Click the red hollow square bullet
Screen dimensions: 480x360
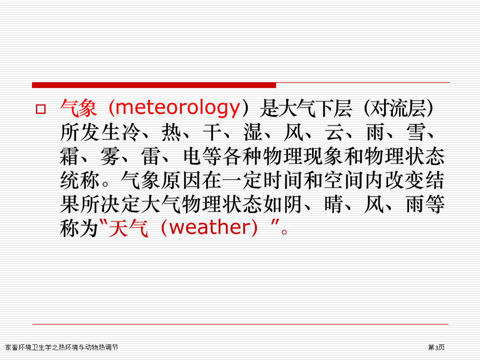(x=41, y=109)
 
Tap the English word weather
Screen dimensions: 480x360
(x=209, y=228)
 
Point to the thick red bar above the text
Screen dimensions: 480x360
(x=154, y=85)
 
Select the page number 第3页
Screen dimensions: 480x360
(x=436, y=347)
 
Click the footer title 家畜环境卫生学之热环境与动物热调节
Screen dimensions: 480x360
(x=61, y=347)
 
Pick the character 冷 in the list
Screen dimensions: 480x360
(x=131, y=132)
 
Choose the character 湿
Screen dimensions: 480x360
(x=253, y=132)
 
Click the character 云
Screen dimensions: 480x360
(x=335, y=132)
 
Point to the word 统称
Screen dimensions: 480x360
(x=80, y=180)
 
